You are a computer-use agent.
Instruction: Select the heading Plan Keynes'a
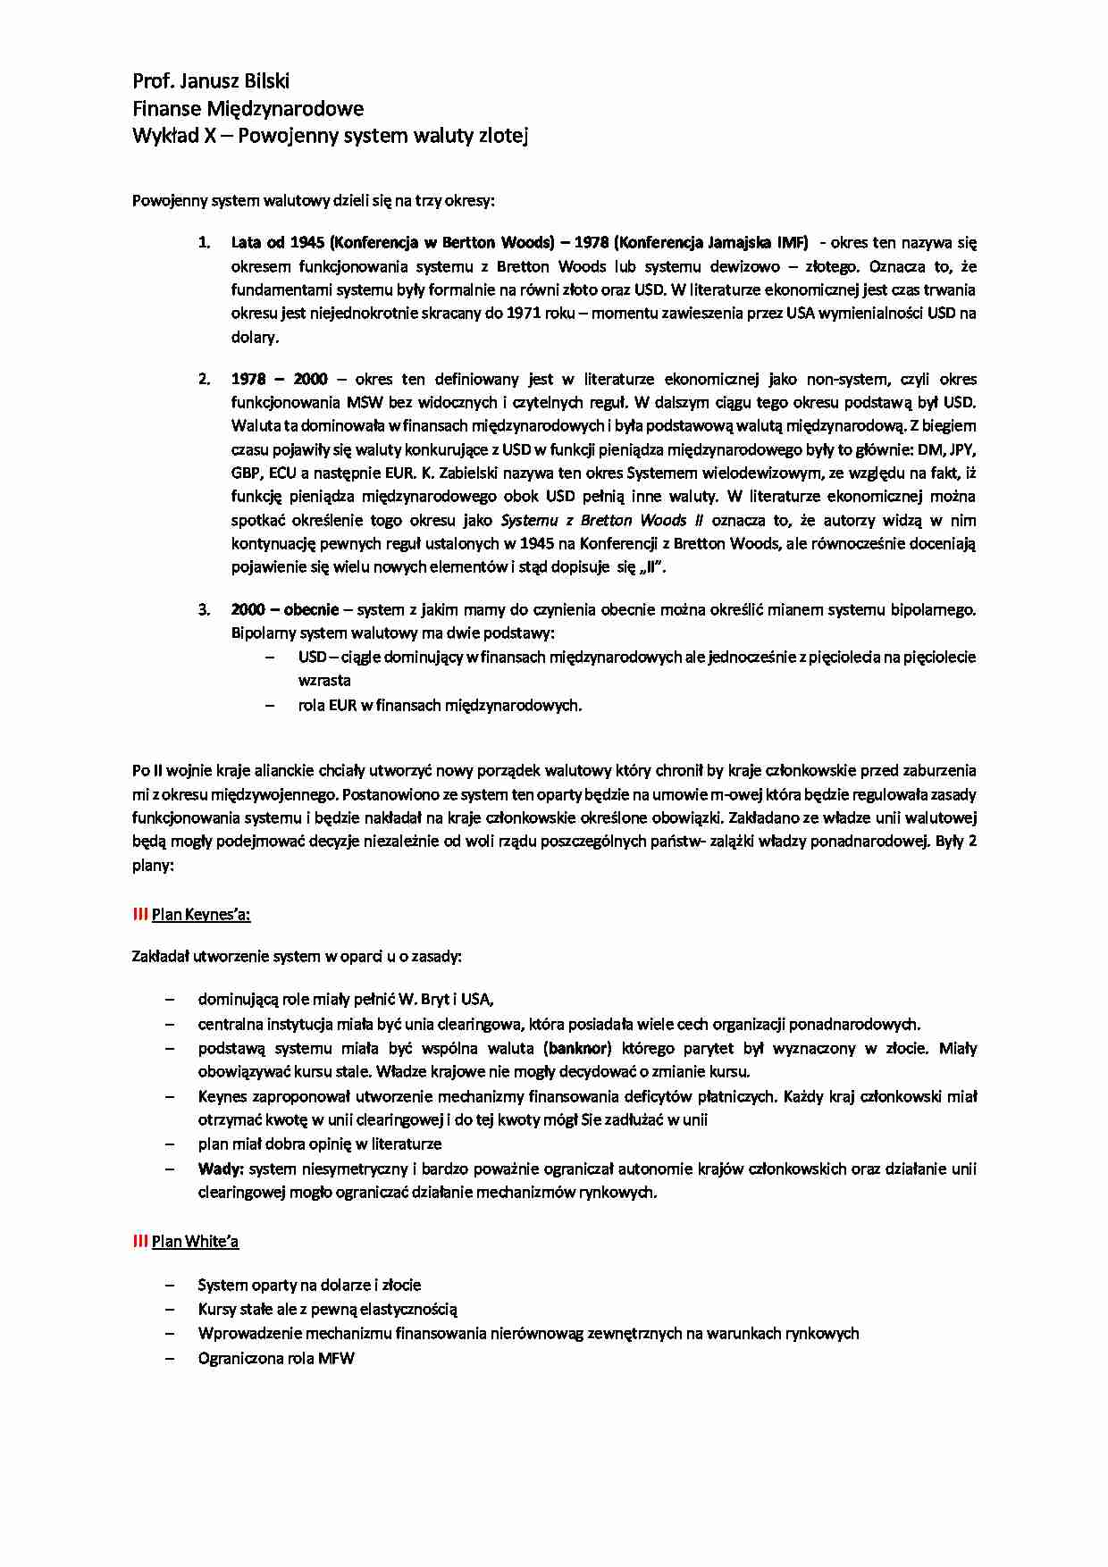201,914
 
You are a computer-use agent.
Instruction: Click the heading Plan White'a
195,1241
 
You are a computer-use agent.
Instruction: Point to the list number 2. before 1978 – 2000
205,379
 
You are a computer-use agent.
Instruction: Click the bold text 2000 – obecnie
284,610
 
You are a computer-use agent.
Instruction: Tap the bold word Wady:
222,1169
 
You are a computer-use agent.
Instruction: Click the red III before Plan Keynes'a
140,914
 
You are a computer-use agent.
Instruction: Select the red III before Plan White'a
140,1241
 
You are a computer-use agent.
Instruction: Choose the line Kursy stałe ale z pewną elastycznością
327,1310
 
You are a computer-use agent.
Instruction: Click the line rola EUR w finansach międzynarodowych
440,705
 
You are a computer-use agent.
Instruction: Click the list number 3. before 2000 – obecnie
205,610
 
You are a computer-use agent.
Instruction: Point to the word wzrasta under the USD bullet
324,680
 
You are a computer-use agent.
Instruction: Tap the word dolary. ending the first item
256,337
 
